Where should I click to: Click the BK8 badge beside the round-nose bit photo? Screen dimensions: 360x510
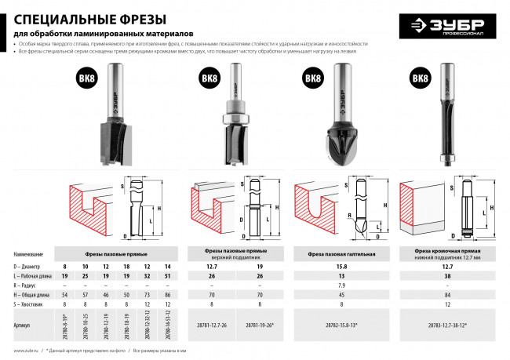point(312,79)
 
